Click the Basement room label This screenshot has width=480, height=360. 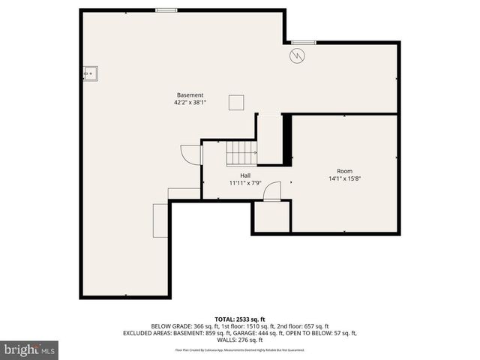(x=190, y=95)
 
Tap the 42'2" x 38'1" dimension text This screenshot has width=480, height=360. (x=190, y=103)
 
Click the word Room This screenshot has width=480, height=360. (x=344, y=171)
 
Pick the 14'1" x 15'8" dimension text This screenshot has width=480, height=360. (x=344, y=178)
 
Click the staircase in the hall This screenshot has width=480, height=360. (x=241, y=153)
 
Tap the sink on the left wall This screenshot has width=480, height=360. (x=91, y=73)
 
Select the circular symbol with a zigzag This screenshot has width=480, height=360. (x=296, y=55)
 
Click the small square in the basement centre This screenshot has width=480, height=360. (x=236, y=102)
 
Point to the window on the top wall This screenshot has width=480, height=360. (x=166, y=10)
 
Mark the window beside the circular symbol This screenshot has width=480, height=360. (x=303, y=42)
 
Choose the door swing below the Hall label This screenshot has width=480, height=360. (x=272, y=191)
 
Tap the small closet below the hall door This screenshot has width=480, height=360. (x=271, y=217)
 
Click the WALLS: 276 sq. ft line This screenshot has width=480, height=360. (x=240, y=340)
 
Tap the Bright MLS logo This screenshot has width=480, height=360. (x=30, y=349)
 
